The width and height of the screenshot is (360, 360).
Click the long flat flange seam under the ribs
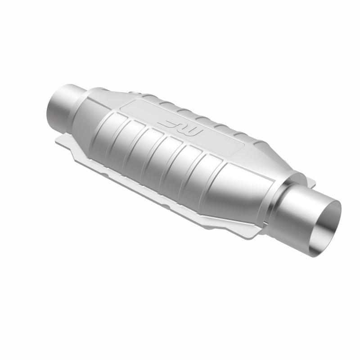click(x=157, y=189)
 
